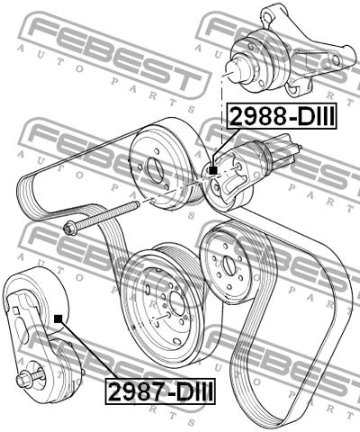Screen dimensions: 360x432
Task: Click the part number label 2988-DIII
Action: (282, 116)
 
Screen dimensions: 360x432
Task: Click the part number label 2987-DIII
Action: (160, 391)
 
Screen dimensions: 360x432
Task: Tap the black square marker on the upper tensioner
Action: (213, 170)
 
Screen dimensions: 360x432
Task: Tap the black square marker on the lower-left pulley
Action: (58, 319)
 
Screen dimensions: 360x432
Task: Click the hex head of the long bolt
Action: (69, 229)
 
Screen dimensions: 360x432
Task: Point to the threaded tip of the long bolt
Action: (136, 204)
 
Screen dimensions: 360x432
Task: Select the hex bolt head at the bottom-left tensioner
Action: (23, 380)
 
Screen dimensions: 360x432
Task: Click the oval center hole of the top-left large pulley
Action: (156, 170)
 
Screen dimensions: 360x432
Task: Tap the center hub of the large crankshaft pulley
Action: (177, 303)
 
